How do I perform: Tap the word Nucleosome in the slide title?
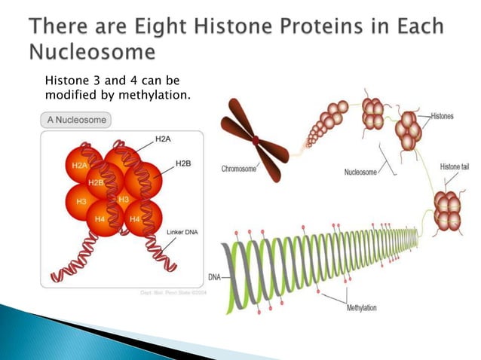(x=93, y=52)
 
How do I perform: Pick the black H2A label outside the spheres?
(x=163, y=139)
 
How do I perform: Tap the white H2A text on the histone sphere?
(x=79, y=164)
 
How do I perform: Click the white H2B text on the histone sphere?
(x=96, y=182)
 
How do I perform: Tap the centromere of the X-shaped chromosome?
(x=256, y=139)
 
